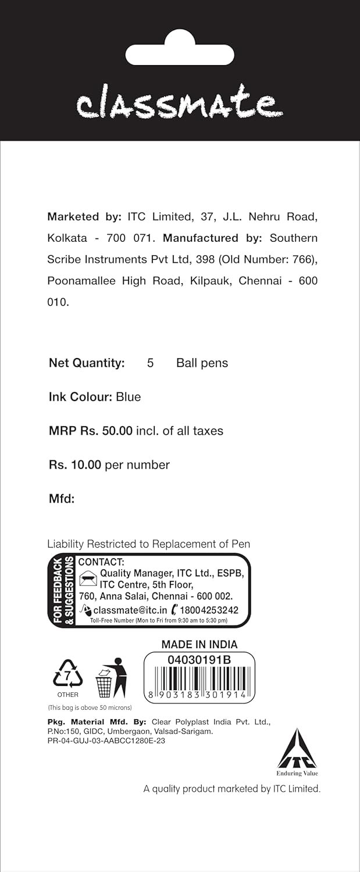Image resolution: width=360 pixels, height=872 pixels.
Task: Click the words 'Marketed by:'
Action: click(x=84, y=217)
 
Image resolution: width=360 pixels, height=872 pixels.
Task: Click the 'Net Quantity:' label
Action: click(x=87, y=363)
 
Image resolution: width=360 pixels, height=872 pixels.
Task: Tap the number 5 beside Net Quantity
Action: click(x=150, y=363)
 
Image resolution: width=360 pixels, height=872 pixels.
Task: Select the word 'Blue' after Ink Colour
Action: click(x=129, y=397)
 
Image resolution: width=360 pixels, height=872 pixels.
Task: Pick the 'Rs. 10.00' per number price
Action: click(x=75, y=465)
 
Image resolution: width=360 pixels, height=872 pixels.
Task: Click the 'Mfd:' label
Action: click(x=62, y=499)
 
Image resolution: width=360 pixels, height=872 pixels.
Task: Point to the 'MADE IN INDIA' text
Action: click(x=199, y=644)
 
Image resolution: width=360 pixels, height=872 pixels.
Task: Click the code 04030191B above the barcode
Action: click(x=199, y=660)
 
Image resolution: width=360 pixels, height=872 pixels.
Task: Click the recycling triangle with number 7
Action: click(x=67, y=674)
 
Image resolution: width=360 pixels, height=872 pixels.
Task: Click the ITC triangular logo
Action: click(x=297, y=750)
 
